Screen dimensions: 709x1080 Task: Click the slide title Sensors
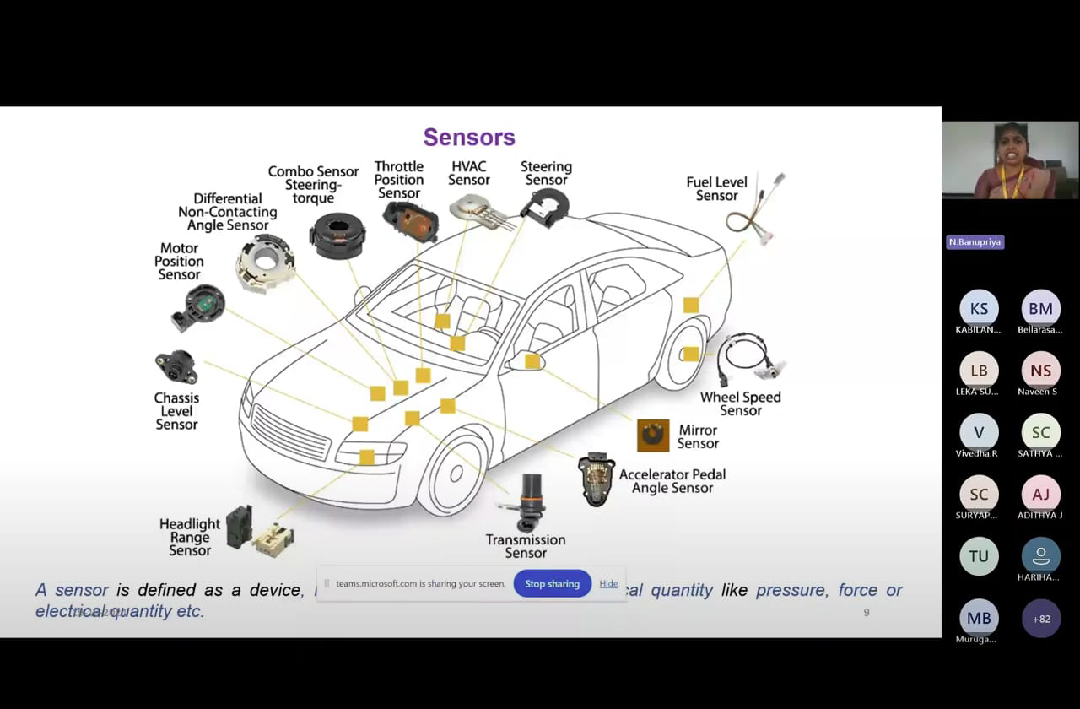click(x=469, y=137)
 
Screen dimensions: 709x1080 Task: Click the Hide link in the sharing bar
click(x=608, y=583)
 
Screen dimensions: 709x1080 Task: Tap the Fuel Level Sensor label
click(x=716, y=188)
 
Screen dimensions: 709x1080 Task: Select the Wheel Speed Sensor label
click(x=740, y=403)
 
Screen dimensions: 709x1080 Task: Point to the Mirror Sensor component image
click(x=652, y=436)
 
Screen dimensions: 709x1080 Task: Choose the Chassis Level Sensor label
click(x=176, y=411)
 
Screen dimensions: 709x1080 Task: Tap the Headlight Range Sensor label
click(x=190, y=537)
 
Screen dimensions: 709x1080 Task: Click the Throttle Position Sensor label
click(x=399, y=180)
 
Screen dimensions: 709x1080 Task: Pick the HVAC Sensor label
click(x=469, y=173)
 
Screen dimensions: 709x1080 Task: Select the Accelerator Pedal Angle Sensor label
click(x=672, y=481)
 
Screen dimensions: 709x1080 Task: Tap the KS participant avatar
click(x=979, y=309)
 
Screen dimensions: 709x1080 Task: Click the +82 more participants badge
click(x=1041, y=619)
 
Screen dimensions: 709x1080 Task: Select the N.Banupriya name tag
click(x=975, y=242)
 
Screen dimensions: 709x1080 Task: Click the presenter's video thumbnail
click(x=1010, y=160)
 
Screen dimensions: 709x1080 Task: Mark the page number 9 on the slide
click(x=867, y=612)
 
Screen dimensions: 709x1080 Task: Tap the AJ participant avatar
click(x=1041, y=495)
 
